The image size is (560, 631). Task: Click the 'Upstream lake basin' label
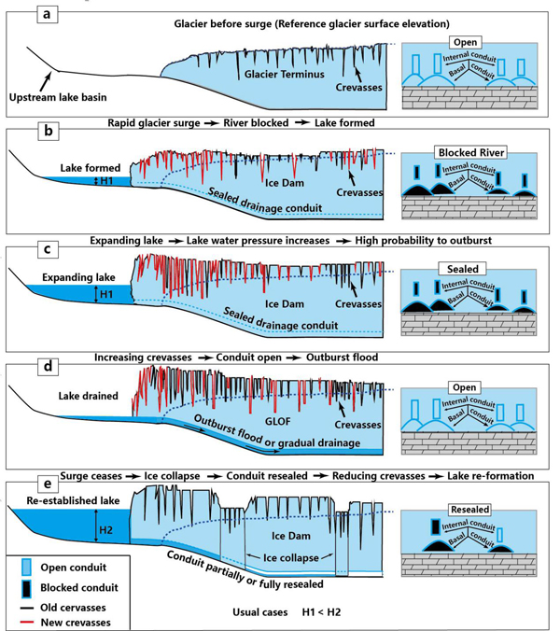click(x=54, y=96)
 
